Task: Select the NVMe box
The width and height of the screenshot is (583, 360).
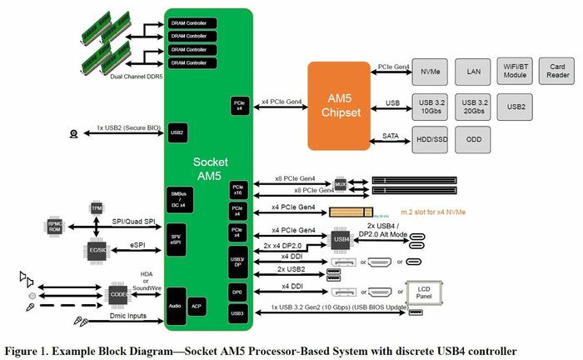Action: click(431, 72)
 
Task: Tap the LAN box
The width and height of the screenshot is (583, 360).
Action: click(474, 72)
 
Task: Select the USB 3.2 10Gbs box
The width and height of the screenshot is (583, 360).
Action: click(431, 106)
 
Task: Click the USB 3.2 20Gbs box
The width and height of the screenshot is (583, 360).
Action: click(474, 106)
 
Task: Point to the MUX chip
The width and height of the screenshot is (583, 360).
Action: click(340, 183)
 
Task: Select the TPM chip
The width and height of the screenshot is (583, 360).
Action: click(97, 207)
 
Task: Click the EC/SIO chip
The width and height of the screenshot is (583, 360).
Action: click(97, 248)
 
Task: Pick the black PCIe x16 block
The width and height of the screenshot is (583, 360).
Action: click(237, 191)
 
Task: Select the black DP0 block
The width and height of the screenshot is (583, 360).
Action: click(237, 292)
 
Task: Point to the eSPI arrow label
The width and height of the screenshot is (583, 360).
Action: click(142, 245)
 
